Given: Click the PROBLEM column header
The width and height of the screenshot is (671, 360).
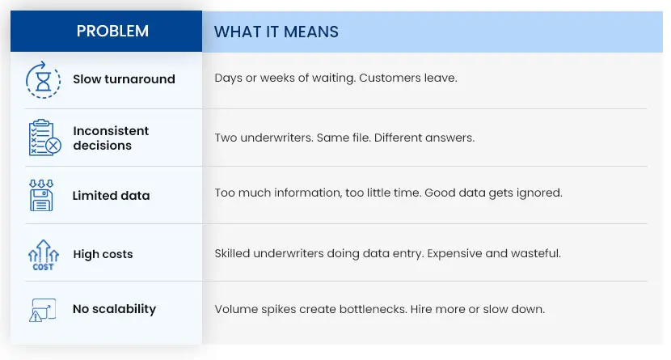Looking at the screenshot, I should click(x=112, y=32).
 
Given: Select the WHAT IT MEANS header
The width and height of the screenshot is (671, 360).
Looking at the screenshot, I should click(x=276, y=32).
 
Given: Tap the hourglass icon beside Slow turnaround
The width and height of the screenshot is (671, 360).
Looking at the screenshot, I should click(x=42, y=79).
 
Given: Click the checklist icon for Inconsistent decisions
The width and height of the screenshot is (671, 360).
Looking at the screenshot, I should click(x=43, y=138).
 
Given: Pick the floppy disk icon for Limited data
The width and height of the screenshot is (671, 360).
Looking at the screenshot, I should click(x=41, y=195).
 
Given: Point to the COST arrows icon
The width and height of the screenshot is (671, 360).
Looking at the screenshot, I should click(x=43, y=253).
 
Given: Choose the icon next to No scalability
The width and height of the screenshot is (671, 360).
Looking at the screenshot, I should click(x=42, y=310).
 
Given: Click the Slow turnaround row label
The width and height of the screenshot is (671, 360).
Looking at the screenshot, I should click(x=124, y=79).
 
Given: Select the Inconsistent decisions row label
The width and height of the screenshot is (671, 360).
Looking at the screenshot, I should click(x=111, y=138).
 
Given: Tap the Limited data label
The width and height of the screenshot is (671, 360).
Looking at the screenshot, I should click(x=111, y=196).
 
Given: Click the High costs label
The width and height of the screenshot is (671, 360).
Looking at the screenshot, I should click(x=103, y=254).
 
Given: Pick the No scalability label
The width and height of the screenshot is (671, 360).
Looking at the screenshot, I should click(x=114, y=309).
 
